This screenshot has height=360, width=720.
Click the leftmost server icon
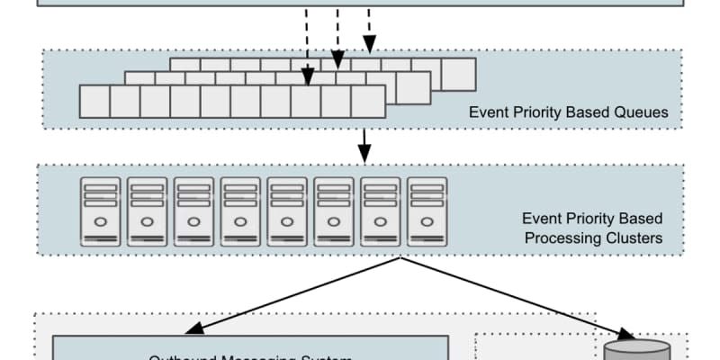(100, 211)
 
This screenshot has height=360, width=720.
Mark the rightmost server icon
(427, 211)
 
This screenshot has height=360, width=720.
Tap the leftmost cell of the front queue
(94, 102)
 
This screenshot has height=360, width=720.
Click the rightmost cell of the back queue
(458, 74)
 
